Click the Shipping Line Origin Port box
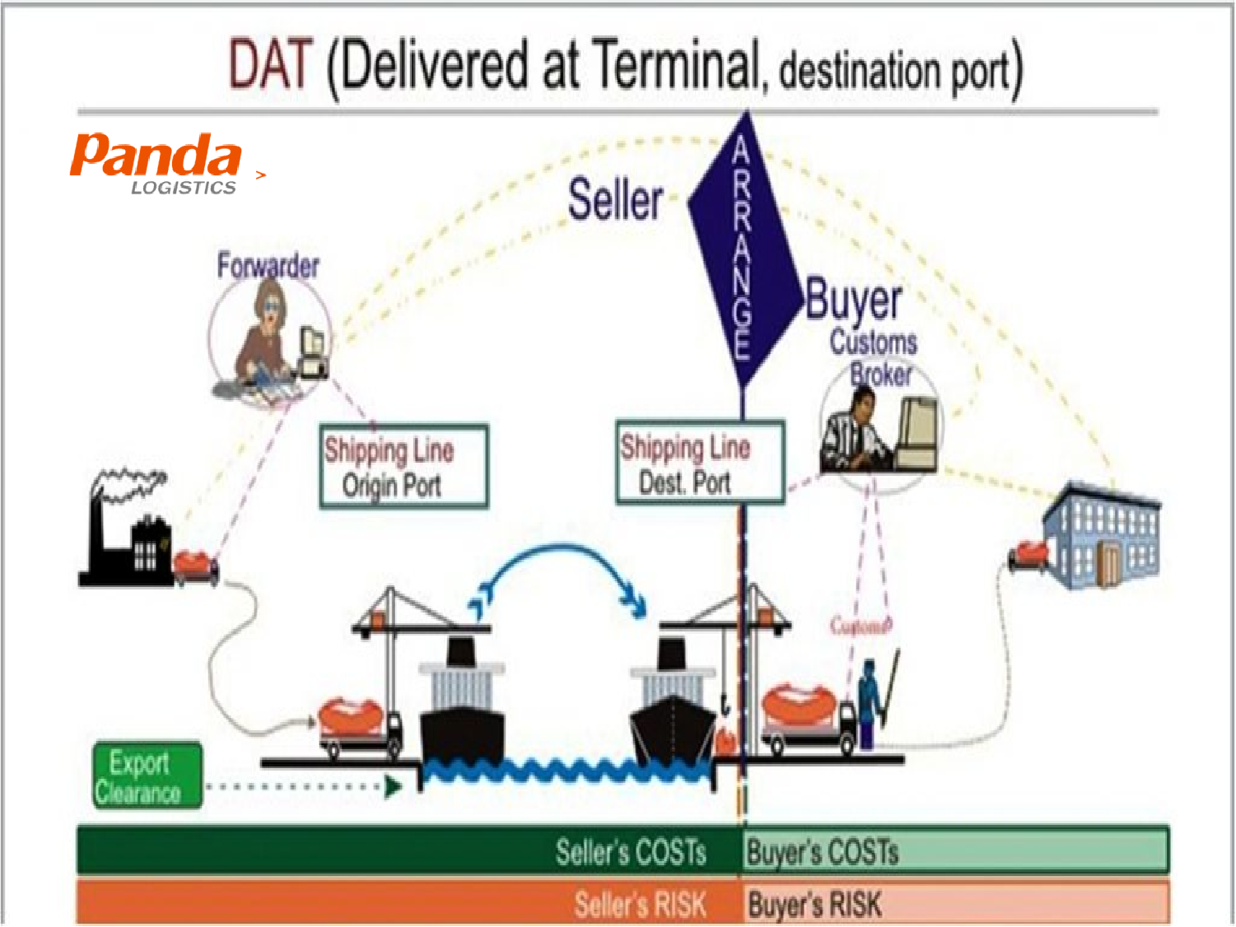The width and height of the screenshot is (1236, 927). pos(403,467)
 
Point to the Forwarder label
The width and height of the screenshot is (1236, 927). pos(268,265)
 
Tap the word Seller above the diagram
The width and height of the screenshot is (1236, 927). pos(615,200)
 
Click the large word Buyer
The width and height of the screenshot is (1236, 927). pos(853,300)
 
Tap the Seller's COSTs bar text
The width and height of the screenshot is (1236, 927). pos(630,852)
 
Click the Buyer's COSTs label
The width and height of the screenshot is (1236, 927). pos(822,852)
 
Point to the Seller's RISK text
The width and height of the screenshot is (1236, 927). pos(640,905)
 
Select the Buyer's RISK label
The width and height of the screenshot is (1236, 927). pos(814,905)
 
